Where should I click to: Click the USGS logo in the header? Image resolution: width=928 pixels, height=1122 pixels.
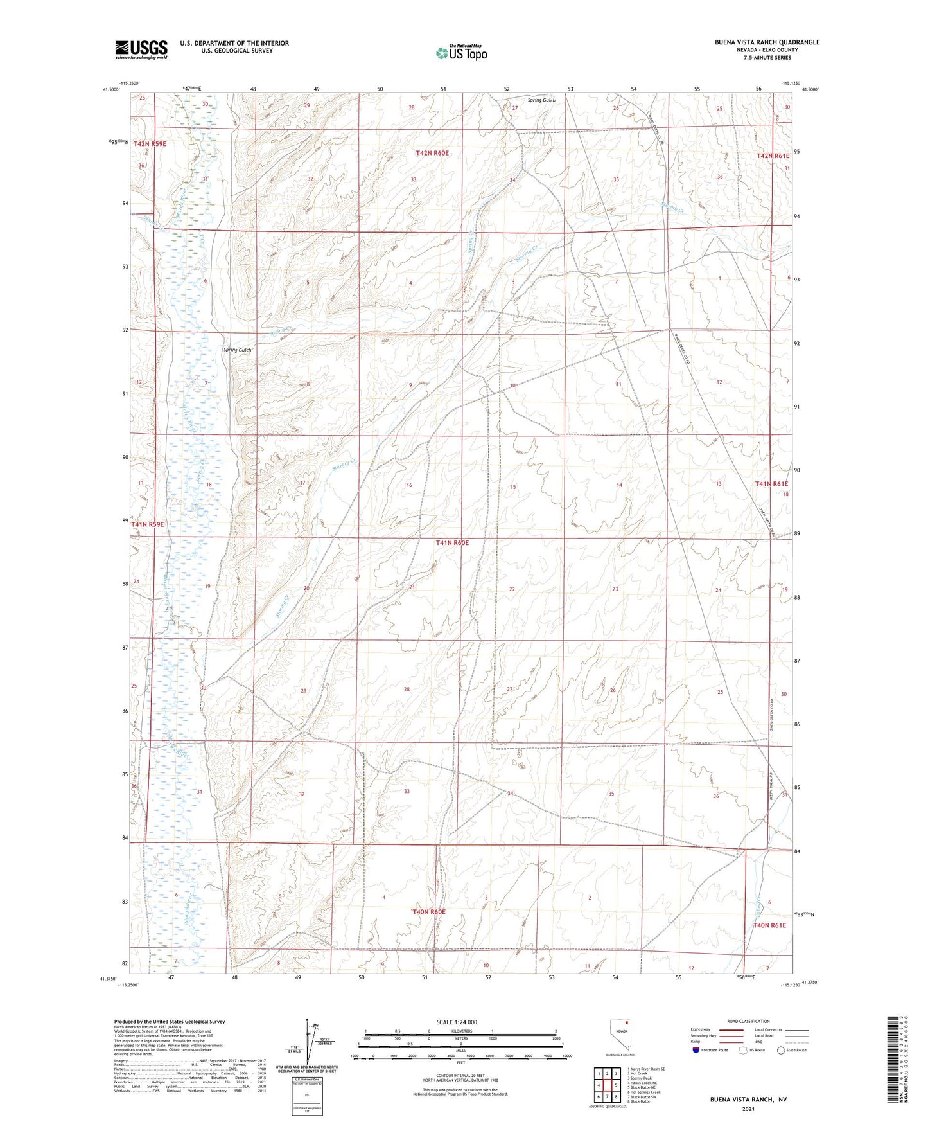click(141, 49)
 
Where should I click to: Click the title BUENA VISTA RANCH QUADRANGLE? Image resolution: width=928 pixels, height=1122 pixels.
click(767, 42)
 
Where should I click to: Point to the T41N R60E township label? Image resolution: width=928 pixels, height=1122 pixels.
click(452, 543)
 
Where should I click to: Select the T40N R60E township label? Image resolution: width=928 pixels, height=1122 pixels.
click(428, 912)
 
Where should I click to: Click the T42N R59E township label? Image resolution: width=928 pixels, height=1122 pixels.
click(150, 144)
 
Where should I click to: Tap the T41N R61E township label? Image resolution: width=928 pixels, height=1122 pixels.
click(771, 484)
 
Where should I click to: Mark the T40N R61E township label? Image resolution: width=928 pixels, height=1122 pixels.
click(769, 925)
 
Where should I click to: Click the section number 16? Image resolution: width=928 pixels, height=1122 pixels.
click(409, 485)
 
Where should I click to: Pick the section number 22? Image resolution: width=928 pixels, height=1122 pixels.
click(512, 589)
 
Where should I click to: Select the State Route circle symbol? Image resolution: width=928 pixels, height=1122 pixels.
click(781, 1050)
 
